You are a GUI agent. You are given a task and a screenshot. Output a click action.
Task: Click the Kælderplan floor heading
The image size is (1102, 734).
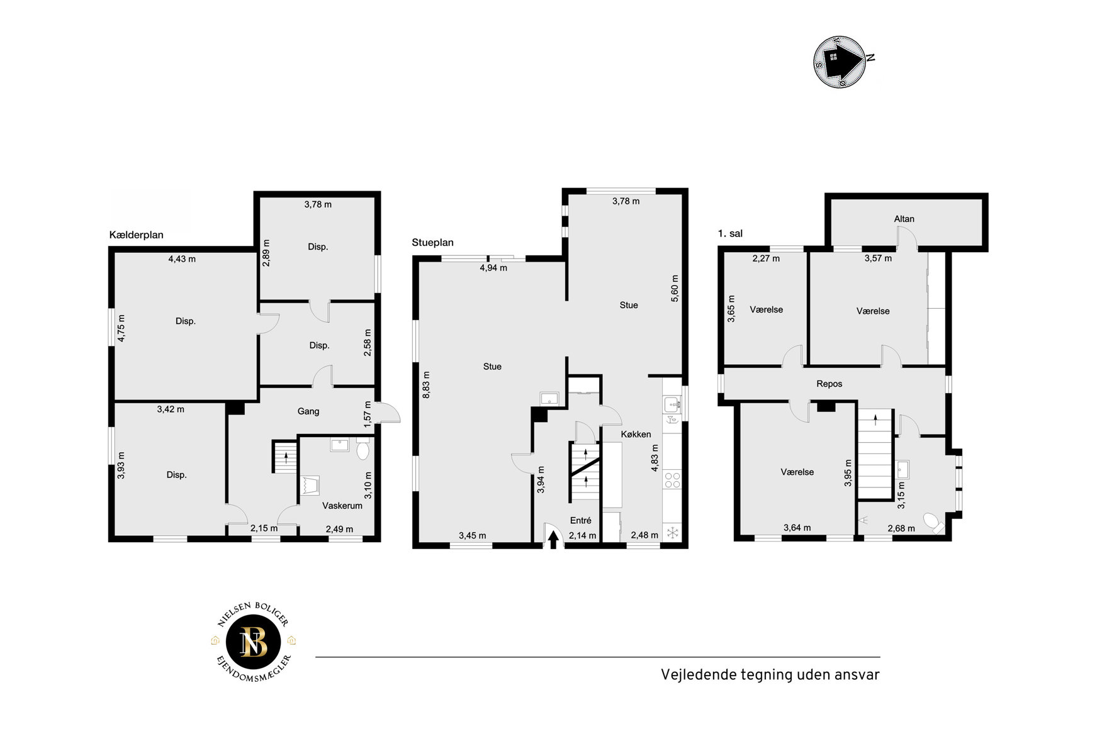136,235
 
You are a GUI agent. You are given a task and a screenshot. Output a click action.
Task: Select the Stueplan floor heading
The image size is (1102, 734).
432,242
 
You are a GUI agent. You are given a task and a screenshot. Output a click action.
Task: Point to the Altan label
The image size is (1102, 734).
904,219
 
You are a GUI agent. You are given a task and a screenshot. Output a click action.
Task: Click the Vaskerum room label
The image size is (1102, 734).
342,506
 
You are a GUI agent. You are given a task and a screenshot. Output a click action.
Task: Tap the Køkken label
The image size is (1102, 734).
636,434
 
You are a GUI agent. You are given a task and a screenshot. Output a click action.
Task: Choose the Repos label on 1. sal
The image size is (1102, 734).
829,384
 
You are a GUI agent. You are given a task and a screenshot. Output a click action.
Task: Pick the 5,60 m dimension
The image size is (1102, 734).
675,289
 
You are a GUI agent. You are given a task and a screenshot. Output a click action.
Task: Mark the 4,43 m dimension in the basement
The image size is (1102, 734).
182,259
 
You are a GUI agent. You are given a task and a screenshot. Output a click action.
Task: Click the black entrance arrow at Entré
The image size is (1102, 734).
553,540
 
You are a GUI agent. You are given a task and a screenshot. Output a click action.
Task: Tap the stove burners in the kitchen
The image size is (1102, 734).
672,480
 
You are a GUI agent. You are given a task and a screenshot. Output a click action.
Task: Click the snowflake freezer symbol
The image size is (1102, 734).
672,533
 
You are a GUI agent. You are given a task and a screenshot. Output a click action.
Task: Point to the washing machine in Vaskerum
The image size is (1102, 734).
310,486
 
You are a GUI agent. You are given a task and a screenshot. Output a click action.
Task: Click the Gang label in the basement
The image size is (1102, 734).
308,411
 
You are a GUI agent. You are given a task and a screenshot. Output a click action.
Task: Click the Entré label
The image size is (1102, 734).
580,520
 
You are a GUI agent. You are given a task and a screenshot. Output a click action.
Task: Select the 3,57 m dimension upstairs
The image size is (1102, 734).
878,258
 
